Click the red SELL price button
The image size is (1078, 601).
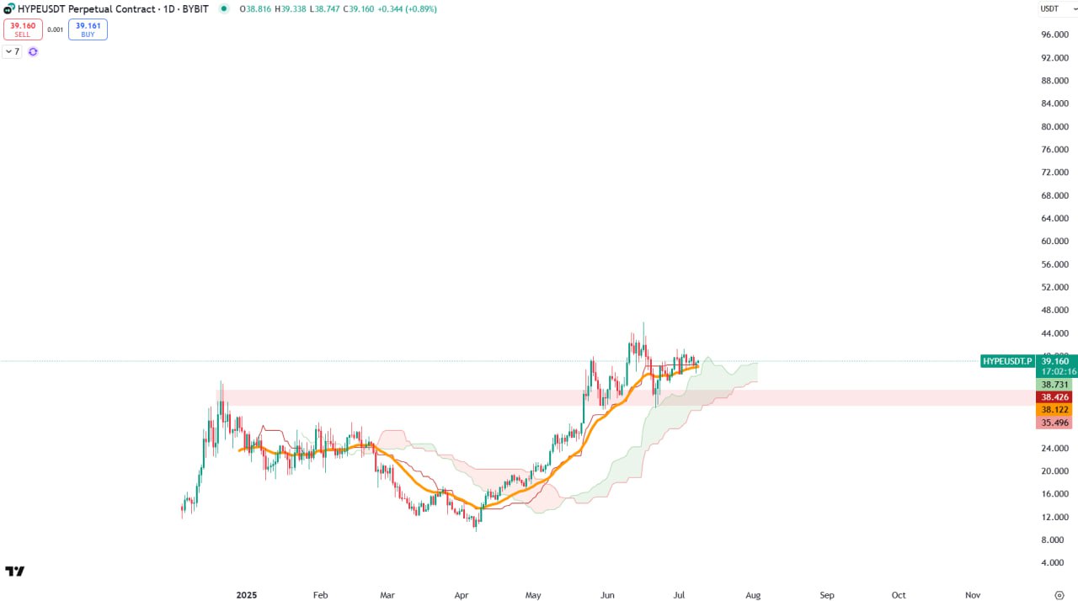23,29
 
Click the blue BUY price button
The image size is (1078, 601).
88,29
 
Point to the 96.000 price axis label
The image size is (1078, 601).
1054,35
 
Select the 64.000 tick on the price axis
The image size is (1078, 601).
1054,218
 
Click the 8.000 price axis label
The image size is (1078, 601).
1054,540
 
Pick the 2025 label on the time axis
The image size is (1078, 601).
245,595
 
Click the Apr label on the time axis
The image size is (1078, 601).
462,595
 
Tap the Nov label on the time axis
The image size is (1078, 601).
973,595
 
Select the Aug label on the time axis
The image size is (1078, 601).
753,595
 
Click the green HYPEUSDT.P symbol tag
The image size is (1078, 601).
1007,361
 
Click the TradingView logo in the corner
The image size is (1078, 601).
14,572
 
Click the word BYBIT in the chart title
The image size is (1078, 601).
195,8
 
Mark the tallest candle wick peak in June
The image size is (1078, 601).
643,322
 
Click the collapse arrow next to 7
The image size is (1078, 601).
8,51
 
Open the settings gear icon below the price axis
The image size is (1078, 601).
1059,595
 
